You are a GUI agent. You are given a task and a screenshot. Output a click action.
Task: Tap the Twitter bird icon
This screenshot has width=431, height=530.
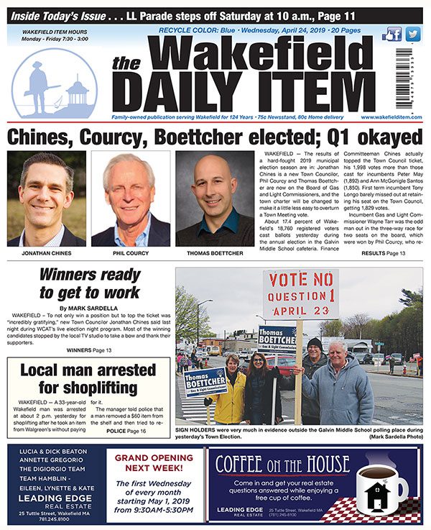pyautogui.click(x=412, y=34)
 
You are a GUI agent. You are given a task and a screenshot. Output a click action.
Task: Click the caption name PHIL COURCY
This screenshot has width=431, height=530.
pyautogui.click(x=130, y=254)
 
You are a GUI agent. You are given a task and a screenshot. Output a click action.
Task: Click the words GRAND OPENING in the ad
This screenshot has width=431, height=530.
pyautogui.click(x=153, y=457)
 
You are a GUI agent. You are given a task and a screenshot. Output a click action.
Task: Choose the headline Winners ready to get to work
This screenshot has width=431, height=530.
pyautogui.click(x=89, y=283)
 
